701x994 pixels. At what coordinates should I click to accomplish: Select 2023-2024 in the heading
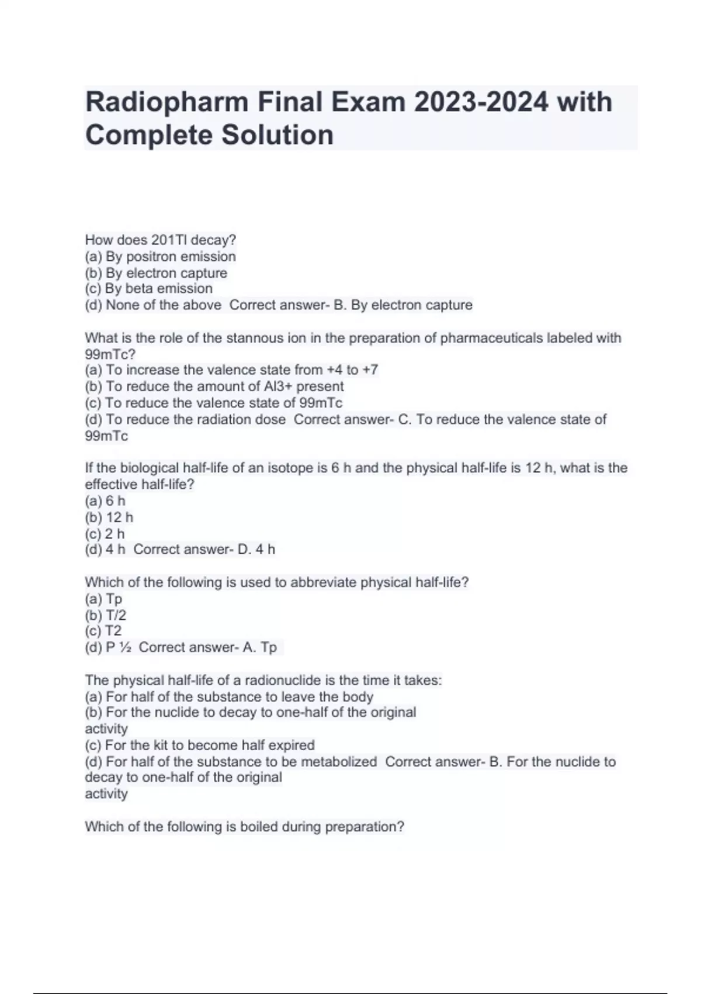(x=481, y=102)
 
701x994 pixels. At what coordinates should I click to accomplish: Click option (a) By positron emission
(x=161, y=257)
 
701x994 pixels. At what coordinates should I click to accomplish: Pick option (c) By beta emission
(x=149, y=289)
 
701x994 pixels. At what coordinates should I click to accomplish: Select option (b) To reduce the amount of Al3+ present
(x=214, y=386)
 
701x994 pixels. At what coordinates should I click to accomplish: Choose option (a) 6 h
(x=105, y=501)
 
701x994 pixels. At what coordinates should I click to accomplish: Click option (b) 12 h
(x=109, y=517)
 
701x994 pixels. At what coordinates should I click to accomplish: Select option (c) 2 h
(x=105, y=534)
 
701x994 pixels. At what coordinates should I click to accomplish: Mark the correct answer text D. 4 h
(x=256, y=550)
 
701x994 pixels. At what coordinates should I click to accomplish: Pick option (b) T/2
(x=106, y=615)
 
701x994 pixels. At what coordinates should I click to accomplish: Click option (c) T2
(x=103, y=631)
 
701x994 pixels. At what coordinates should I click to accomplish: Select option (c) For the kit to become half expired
(x=200, y=745)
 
